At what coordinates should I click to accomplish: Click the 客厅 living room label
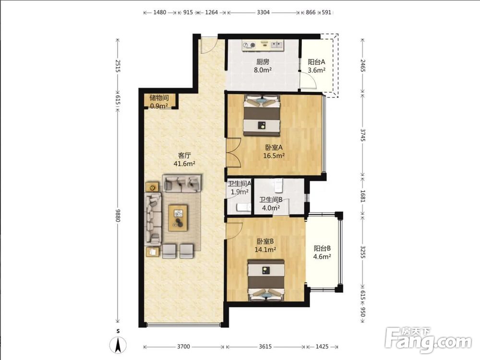(185, 156)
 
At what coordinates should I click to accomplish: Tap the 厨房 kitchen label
(263, 62)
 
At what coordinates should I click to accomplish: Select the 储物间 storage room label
(159, 98)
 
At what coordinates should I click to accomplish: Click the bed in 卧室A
(262, 115)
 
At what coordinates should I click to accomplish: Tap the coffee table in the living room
(178, 218)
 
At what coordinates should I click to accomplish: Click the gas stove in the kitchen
(249, 46)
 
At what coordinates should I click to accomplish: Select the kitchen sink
(277, 45)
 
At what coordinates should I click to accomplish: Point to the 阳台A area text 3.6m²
(316, 70)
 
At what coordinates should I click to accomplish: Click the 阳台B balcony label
(322, 249)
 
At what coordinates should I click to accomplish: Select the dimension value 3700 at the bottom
(183, 347)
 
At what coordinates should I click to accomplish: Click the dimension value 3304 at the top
(263, 12)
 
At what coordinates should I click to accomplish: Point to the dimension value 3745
(363, 135)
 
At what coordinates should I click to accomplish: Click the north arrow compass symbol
(118, 345)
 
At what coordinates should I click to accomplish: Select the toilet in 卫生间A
(243, 207)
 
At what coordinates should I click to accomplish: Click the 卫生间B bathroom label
(271, 200)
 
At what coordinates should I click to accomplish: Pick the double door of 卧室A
(234, 153)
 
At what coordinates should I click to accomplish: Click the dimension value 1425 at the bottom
(322, 347)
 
